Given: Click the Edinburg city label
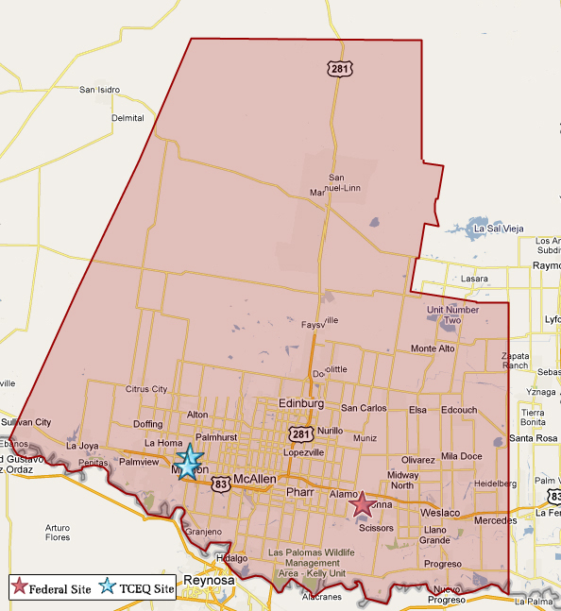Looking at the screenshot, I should (301, 404).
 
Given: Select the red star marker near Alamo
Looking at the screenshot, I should (361, 504).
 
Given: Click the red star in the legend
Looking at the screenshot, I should (20, 588).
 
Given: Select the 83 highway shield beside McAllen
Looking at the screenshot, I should (220, 484).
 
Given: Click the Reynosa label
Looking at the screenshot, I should (208, 580).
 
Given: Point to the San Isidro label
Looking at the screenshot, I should (99, 91).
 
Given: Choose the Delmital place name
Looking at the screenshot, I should (127, 118).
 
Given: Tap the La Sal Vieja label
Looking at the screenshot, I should (500, 229).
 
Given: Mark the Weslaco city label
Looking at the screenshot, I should (439, 512).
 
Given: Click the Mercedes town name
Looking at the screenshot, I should (495, 520).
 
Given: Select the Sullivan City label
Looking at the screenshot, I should (25, 422).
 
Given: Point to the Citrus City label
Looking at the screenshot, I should (146, 389).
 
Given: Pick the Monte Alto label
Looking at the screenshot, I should (433, 348).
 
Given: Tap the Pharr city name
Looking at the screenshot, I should (299, 492).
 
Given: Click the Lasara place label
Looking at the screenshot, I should (474, 280).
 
